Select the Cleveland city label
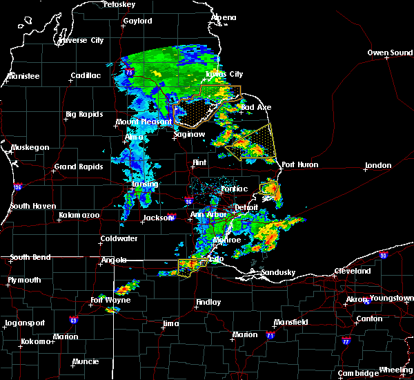click(x=355, y=271)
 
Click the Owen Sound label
click(x=390, y=53)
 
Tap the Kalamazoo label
click(x=79, y=216)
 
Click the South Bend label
click(x=31, y=257)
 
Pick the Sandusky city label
click(x=278, y=272)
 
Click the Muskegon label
click(x=30, y=147)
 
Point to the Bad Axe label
click(x=255, y=107)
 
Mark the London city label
click(x=378, y=165)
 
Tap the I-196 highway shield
click(x=18, y=187)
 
